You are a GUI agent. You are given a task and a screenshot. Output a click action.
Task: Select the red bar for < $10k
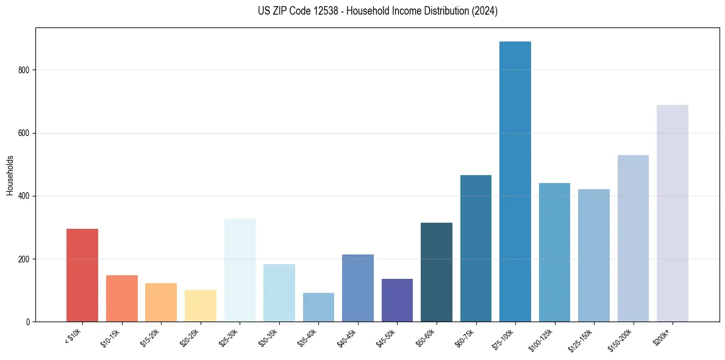pos(82,275)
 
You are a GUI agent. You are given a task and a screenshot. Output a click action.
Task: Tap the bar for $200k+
pos(673,214)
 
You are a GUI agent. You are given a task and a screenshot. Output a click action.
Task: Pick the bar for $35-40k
pos(318,308)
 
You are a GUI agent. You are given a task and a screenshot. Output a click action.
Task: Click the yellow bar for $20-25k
pos(201,306)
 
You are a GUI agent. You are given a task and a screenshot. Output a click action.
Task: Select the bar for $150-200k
pos(633,239)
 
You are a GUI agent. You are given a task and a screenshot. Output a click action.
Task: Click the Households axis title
pos(10,175)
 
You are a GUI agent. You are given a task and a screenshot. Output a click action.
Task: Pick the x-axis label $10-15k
pos(110,338)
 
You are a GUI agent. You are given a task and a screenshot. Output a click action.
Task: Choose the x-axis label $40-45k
pos(346,338)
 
